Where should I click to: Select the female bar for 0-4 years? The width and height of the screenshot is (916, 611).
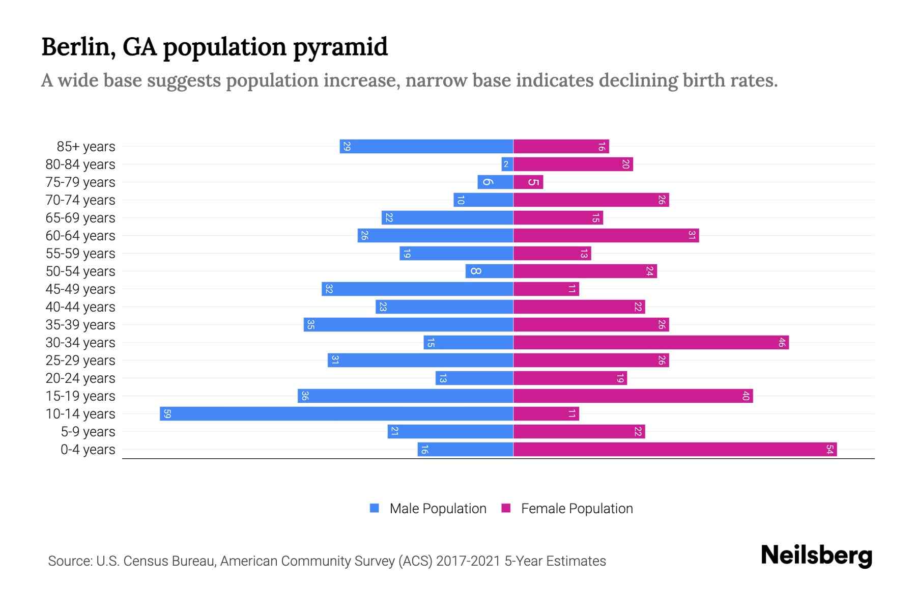click(675, 449)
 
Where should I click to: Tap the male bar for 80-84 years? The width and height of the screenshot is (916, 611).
click(507, 164)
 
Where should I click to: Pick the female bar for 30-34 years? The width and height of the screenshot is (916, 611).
click(650, 342)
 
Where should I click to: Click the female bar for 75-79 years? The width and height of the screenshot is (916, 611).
click(528, 182)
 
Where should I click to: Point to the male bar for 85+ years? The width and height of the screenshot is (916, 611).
click(426, 146)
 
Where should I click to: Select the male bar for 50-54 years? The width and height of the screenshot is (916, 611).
click(489, 271)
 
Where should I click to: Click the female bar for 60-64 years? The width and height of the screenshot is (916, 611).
click(606, 235)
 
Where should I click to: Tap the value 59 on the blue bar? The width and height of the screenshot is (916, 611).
click(167, 413)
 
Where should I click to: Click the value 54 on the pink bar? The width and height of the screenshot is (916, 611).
click(829, 449)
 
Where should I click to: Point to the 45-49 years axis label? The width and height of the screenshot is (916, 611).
click(80, 289)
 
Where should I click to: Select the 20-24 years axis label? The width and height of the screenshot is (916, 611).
click(80, 378)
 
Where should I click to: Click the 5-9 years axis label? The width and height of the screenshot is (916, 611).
click(88, 431)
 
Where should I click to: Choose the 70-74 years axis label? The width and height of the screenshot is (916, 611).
click(80, 200)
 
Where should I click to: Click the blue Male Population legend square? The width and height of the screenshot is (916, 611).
click(375, 508)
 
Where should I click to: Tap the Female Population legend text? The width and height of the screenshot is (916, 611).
click(577, 508)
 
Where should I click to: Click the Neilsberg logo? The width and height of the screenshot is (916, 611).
click(816, 556)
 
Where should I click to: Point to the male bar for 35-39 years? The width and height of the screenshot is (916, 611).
click(408, 324)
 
